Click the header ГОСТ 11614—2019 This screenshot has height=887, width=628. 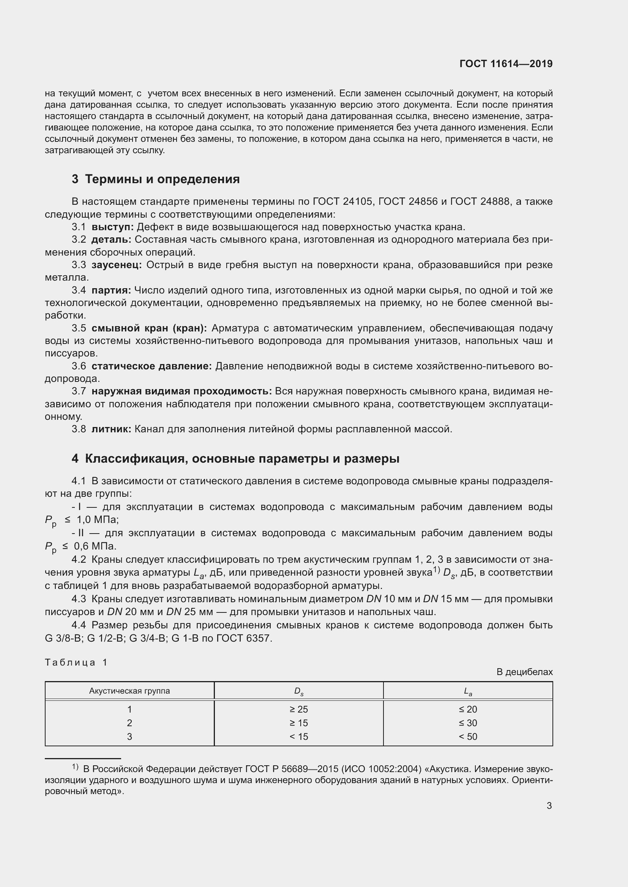point(506,64)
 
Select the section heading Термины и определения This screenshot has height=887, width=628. point(162,179)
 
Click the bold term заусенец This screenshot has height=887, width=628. point(117,265)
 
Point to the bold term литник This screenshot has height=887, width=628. point(111,429)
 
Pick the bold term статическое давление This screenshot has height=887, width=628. point(151,366)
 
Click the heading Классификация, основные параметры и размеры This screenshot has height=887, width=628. point(242,458)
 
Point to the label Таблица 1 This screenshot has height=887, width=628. point(76,663)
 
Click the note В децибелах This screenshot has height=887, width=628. point(524,672)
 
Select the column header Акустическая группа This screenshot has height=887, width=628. point(129,691)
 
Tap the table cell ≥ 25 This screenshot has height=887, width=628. point(298,710)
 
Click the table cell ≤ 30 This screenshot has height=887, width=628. point(467,723)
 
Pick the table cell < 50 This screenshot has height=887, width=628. point(467,737)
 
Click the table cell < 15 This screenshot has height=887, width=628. point(298,737)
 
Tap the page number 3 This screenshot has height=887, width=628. point(549,806)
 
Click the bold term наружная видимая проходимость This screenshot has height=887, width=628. point(181,391)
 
